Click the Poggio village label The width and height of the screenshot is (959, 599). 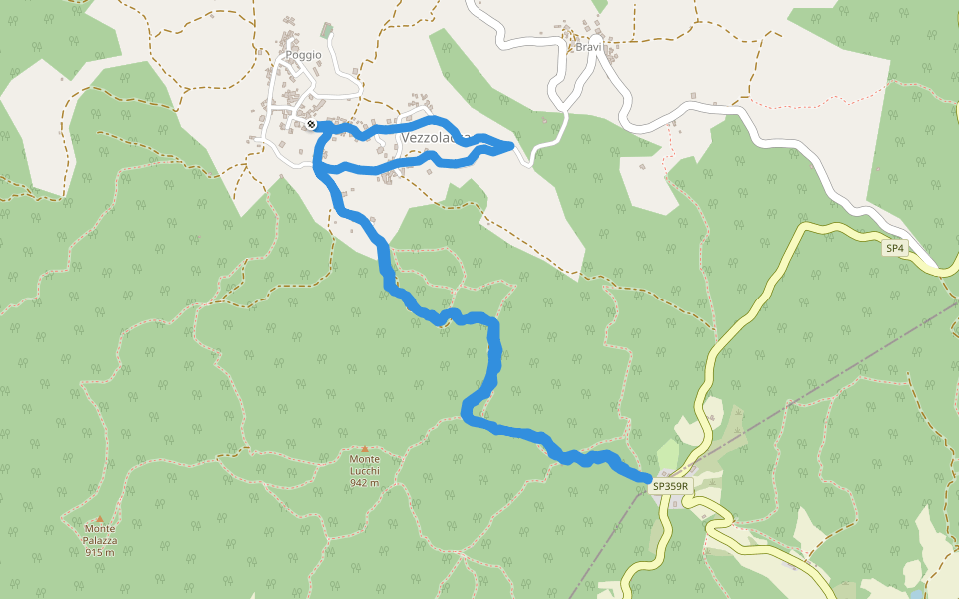(x=304, y=55)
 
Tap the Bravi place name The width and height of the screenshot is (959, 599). (x=588, y=47)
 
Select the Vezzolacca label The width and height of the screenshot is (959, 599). (x=437, y=137)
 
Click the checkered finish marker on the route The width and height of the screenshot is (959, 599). (x=312, y=124)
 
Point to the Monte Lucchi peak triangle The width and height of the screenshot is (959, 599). (x=365, y=449)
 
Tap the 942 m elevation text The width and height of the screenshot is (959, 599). (x=364, y=482)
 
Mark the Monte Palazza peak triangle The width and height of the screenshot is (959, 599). (x=100, y=518)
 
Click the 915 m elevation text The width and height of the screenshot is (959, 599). (x=100, y=552)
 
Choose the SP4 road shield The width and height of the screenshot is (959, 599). (x=895, y=247)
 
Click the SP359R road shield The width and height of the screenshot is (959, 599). (x=671, y=486)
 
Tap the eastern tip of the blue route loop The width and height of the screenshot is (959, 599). (x=511, y=146)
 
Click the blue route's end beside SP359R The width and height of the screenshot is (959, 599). (x=647, y=478)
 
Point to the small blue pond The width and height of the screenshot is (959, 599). (x=915, y=595)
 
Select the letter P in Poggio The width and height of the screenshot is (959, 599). (x=289, y=55)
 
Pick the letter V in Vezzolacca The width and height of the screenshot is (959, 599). (x=406, y=137)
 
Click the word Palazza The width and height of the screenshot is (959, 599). (x=100, y=540)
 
